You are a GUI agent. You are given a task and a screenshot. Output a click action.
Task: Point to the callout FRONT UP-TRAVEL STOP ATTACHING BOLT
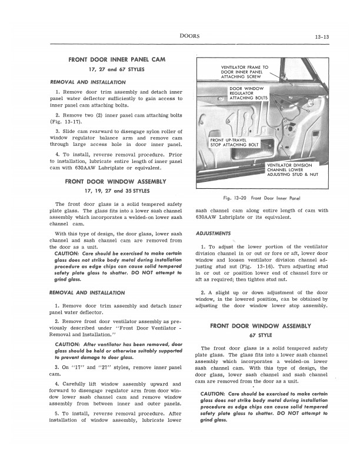[234, 142]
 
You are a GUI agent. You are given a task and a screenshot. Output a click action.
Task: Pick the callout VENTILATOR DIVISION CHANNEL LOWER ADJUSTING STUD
[292, 170]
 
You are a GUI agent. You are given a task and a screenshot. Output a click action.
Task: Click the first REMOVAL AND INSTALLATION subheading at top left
[87, 82]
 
